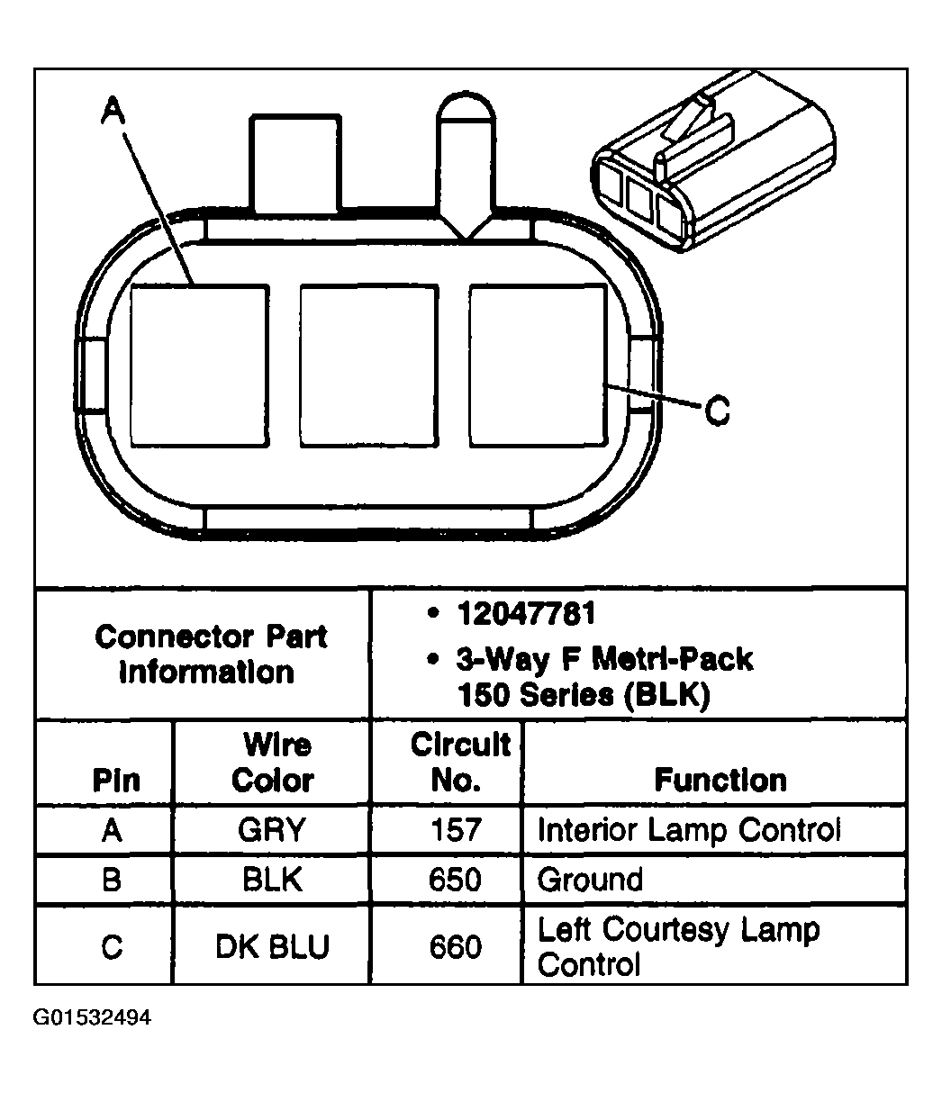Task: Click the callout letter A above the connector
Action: (x=113, y=111)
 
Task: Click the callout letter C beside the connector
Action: (x=717, y=411)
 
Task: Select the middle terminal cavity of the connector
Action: (x=369, y=366)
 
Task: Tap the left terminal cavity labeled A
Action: (x=200, y=366)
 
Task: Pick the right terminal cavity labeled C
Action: (x=539, y=366)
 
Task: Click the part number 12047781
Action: (x=526, y=613)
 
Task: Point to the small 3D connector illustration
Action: (x=712, y=161)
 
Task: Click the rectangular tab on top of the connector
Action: (x=295, y=164)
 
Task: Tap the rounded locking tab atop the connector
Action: (x=466, y=165)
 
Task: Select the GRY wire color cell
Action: (x=272, y=829)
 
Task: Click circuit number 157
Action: (x=456, y=829)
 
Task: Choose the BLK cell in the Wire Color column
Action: (x=272, y=880)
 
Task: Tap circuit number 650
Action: (x=455, y=880)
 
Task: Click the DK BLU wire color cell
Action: (x=272, y=946)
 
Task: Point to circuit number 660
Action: (x=456, y=946)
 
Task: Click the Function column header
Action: (x=720, y=780)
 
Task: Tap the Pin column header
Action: (x=116, y=780)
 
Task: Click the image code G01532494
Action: (x=92, y=1025)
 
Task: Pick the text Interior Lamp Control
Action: (x=689, y=829)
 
